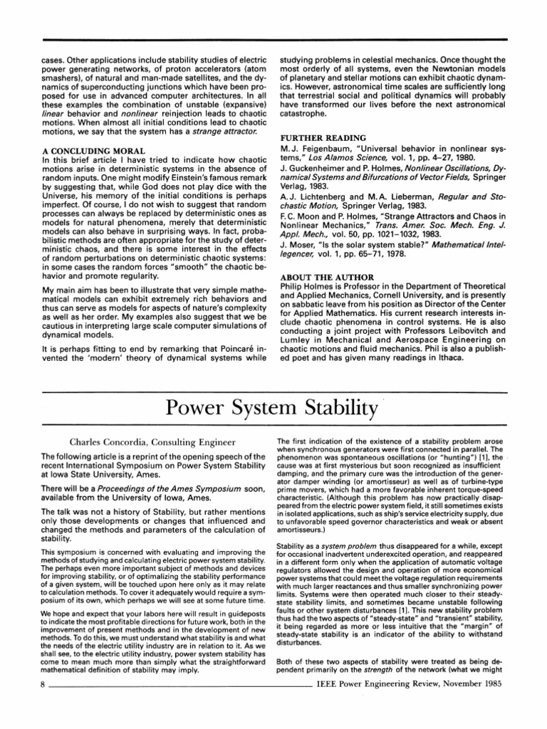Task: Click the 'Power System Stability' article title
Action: point(273,409)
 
